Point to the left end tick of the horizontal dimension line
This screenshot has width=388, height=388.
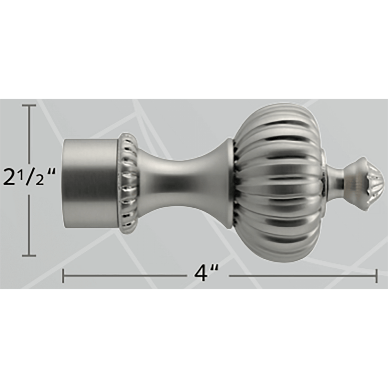coord(63,276)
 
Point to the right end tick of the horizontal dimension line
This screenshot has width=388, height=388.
coord(376,276)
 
